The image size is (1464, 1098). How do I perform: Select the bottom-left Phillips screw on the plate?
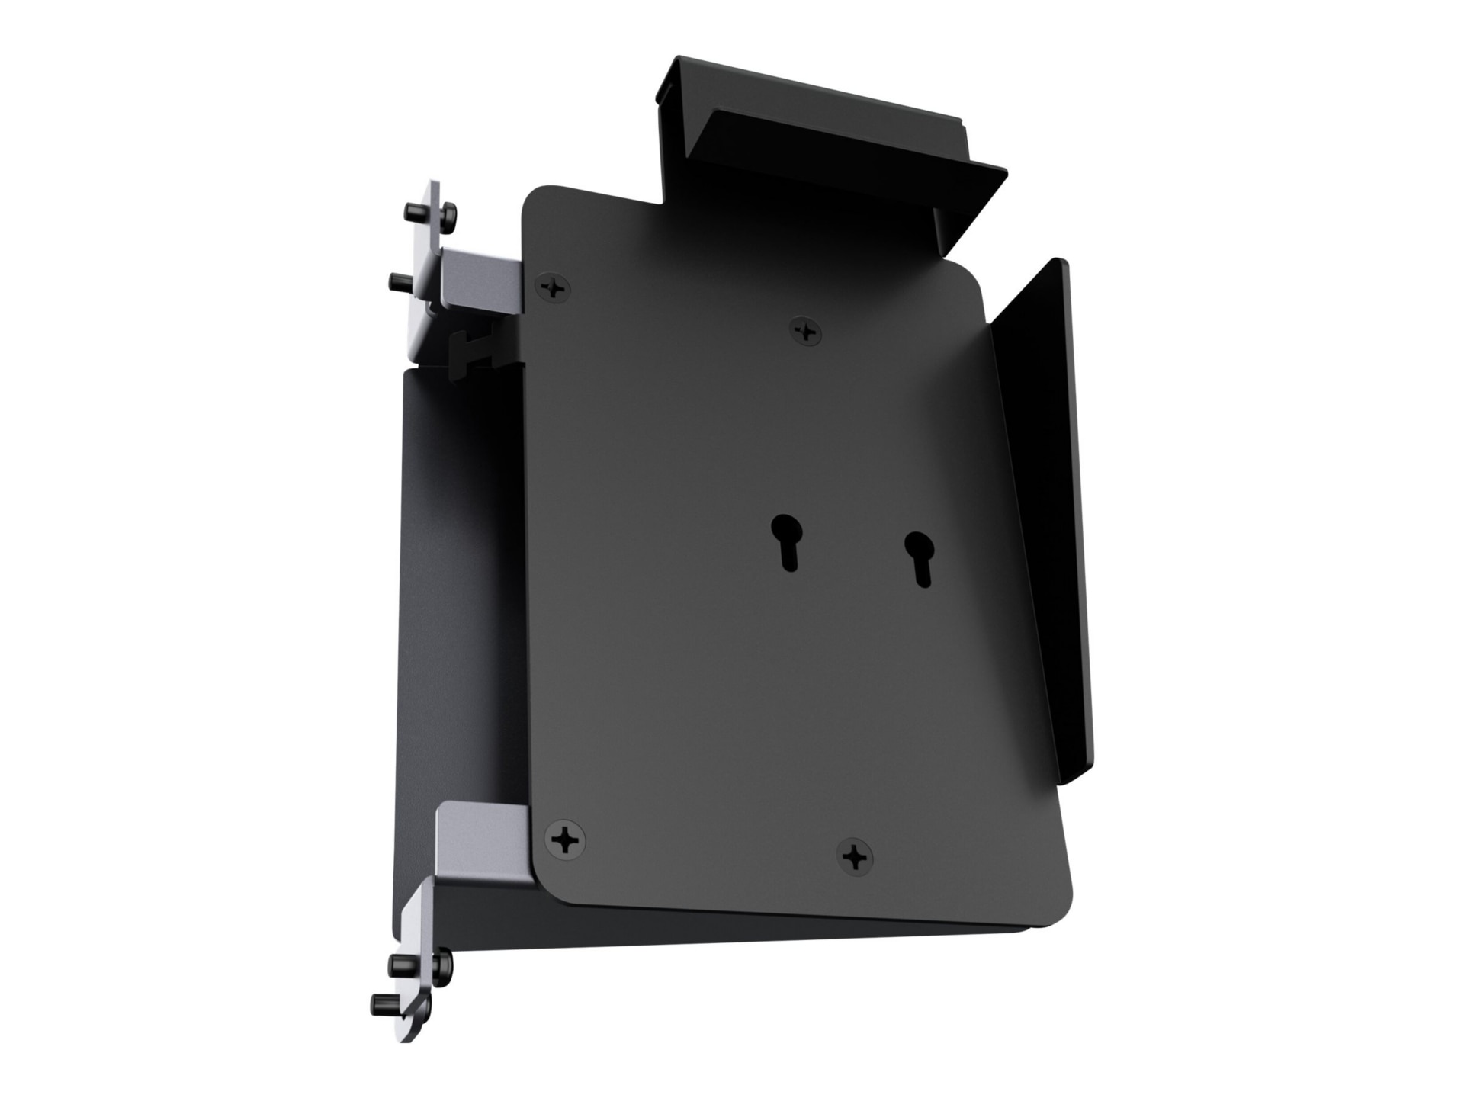pyautogui.click(x=565, y=841)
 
